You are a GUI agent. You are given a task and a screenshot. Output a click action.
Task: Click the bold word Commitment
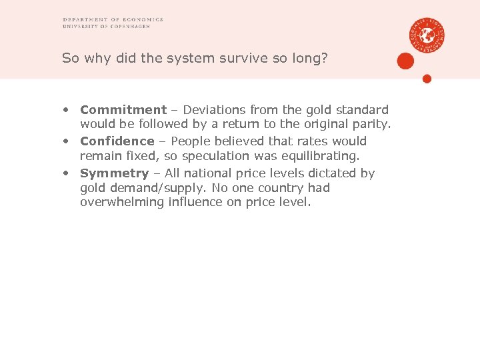123,109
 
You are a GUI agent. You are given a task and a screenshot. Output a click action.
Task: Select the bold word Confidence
117,141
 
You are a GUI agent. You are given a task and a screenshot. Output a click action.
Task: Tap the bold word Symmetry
114,173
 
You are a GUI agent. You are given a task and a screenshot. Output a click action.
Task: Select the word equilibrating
320,157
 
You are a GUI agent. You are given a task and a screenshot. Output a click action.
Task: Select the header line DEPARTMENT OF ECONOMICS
113,19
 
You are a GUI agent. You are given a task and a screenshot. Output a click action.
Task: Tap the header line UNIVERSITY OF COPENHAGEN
106,27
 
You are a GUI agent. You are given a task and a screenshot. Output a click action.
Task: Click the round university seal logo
427,34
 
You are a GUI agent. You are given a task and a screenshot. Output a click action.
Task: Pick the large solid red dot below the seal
405,61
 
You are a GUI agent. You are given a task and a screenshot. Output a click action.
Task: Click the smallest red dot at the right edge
427,79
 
